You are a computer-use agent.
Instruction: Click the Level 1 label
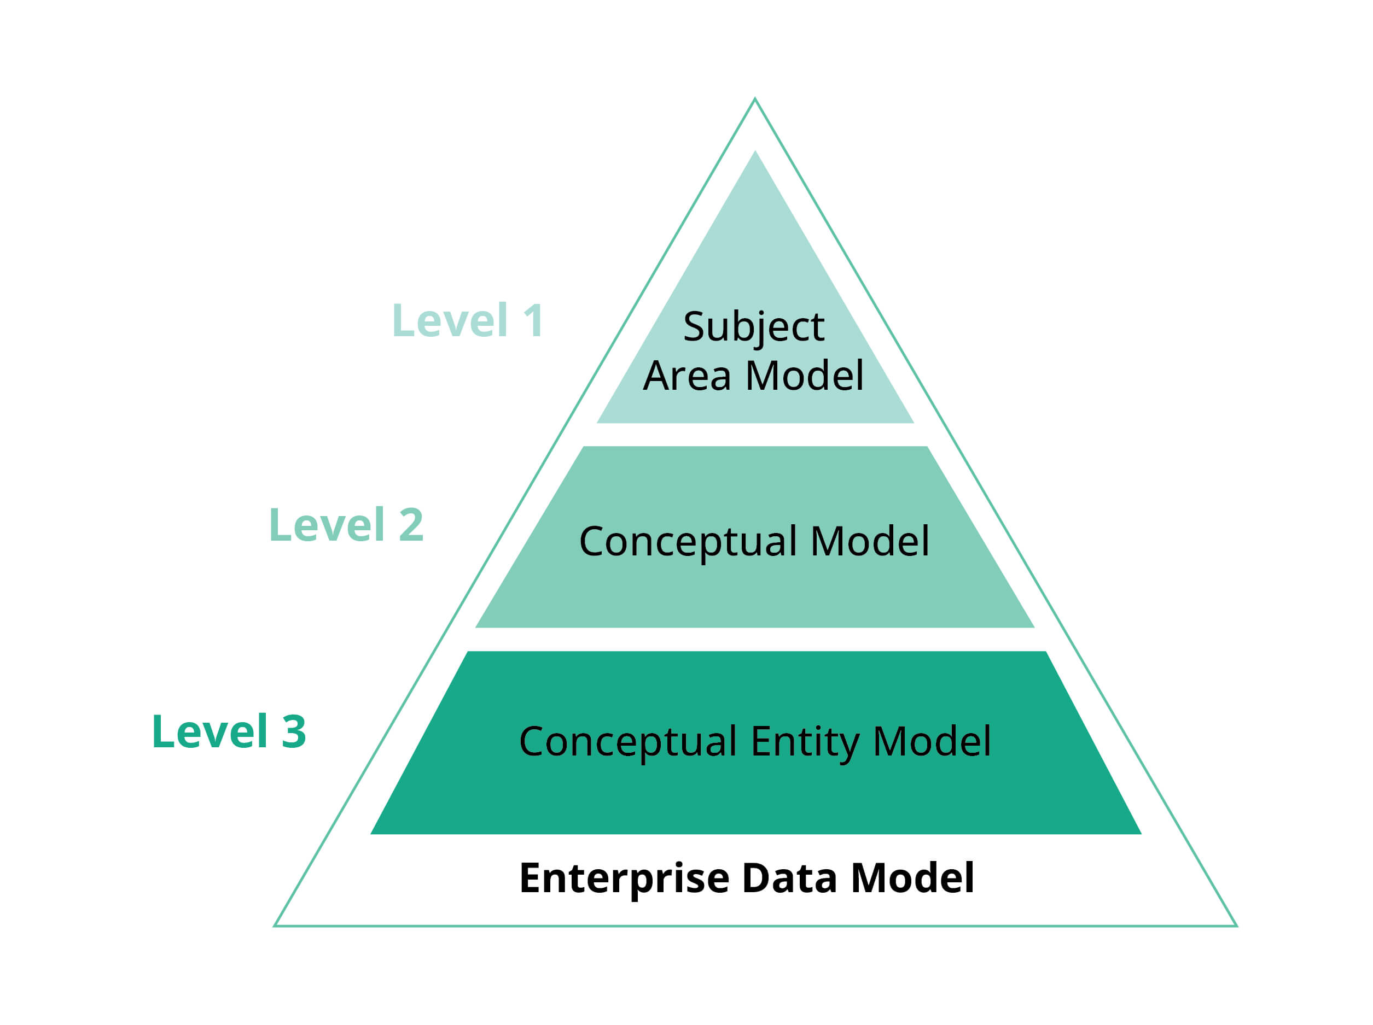(469, 321)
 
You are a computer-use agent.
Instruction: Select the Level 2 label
(346, 525)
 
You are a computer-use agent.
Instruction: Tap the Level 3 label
(229, 731)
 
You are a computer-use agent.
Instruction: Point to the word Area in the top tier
(687, 377)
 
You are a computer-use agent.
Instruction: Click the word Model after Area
(805, 376)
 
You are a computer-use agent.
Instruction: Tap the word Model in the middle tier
(870, 542)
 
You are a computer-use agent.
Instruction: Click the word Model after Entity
(932, 741)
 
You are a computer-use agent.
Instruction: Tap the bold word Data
(789, 878)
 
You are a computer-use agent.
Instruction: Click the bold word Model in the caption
(912, 878)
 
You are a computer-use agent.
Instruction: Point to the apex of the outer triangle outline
(755, 98)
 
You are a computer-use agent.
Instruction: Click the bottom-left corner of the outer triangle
(275, 927)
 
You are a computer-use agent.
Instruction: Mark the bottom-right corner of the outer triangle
(1237, 927)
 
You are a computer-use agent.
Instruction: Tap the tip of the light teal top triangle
(755, 151)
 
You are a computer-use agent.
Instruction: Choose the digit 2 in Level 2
(411, 525)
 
